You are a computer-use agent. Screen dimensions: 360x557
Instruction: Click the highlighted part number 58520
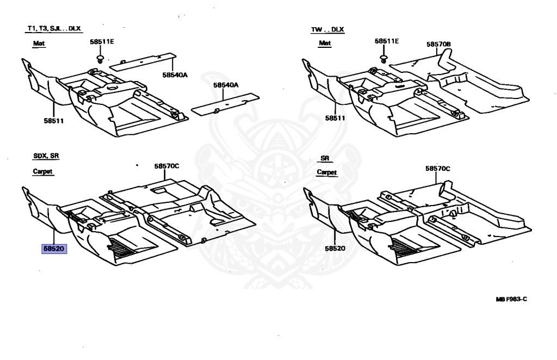point(54,249)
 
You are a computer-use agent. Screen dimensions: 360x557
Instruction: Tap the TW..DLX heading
point(327,29)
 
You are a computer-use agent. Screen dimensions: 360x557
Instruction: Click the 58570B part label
point(439,44)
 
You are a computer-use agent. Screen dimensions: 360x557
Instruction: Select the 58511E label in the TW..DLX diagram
point(387,41)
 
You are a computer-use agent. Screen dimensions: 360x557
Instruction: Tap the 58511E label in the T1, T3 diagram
point(102,41)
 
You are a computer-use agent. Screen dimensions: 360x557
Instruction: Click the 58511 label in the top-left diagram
point(54,121)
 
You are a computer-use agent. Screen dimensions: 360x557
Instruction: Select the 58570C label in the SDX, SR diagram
point(166,166)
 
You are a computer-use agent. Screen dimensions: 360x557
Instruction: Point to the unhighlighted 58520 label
point(336,248)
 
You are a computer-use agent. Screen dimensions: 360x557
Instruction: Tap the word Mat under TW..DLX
point(325,43)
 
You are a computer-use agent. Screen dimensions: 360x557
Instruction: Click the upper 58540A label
point(174,75)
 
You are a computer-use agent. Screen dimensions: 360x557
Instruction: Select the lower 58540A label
point(226,85)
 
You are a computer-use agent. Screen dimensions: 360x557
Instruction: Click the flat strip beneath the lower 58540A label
point(225,104)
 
